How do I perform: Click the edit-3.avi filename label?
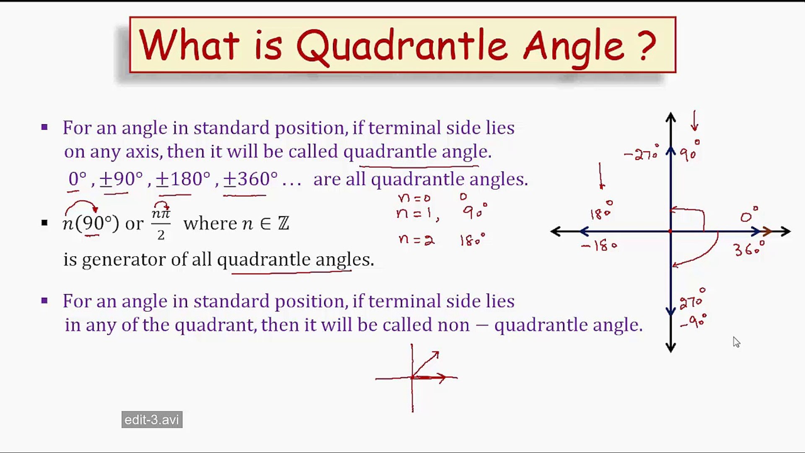coord(152,419)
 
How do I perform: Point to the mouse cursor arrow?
coord(736,342)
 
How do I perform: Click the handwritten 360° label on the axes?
coord(749,248)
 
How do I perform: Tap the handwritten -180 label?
coord(599,245)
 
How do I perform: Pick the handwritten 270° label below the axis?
coord(692,299)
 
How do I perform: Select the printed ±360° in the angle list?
coord(250,179)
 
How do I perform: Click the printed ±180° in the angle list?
coord(183,179)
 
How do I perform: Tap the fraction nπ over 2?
coord(161,224)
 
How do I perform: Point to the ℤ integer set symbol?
coord(283,223)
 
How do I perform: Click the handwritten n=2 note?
coord(416,240)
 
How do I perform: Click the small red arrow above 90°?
coord(695,121)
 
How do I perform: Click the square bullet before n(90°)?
coord(44,223)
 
